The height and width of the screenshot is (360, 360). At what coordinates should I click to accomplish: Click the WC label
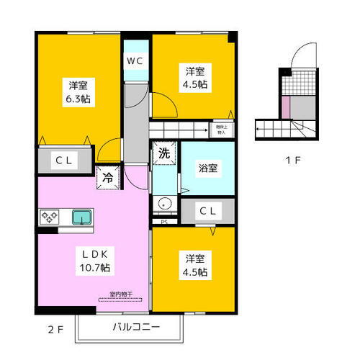tap(135, 60)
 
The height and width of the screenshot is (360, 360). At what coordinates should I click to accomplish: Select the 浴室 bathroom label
tap(208, 168)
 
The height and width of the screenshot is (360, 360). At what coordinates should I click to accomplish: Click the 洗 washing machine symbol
tap(164, 153)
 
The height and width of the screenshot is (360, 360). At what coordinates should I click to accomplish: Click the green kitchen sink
tap(81, 216)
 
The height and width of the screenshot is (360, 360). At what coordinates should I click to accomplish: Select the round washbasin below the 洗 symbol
tap(165, 204)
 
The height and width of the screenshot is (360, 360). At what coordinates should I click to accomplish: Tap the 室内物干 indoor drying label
tap(120, 294)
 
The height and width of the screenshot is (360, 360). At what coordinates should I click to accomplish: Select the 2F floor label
tap(55, 330)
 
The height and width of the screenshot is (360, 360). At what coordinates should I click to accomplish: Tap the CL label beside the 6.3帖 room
tap(64, 161)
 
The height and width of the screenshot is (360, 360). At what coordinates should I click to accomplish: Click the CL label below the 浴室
tap(208, 211)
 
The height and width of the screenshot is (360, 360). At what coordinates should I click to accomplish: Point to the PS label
tap(164, 222)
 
